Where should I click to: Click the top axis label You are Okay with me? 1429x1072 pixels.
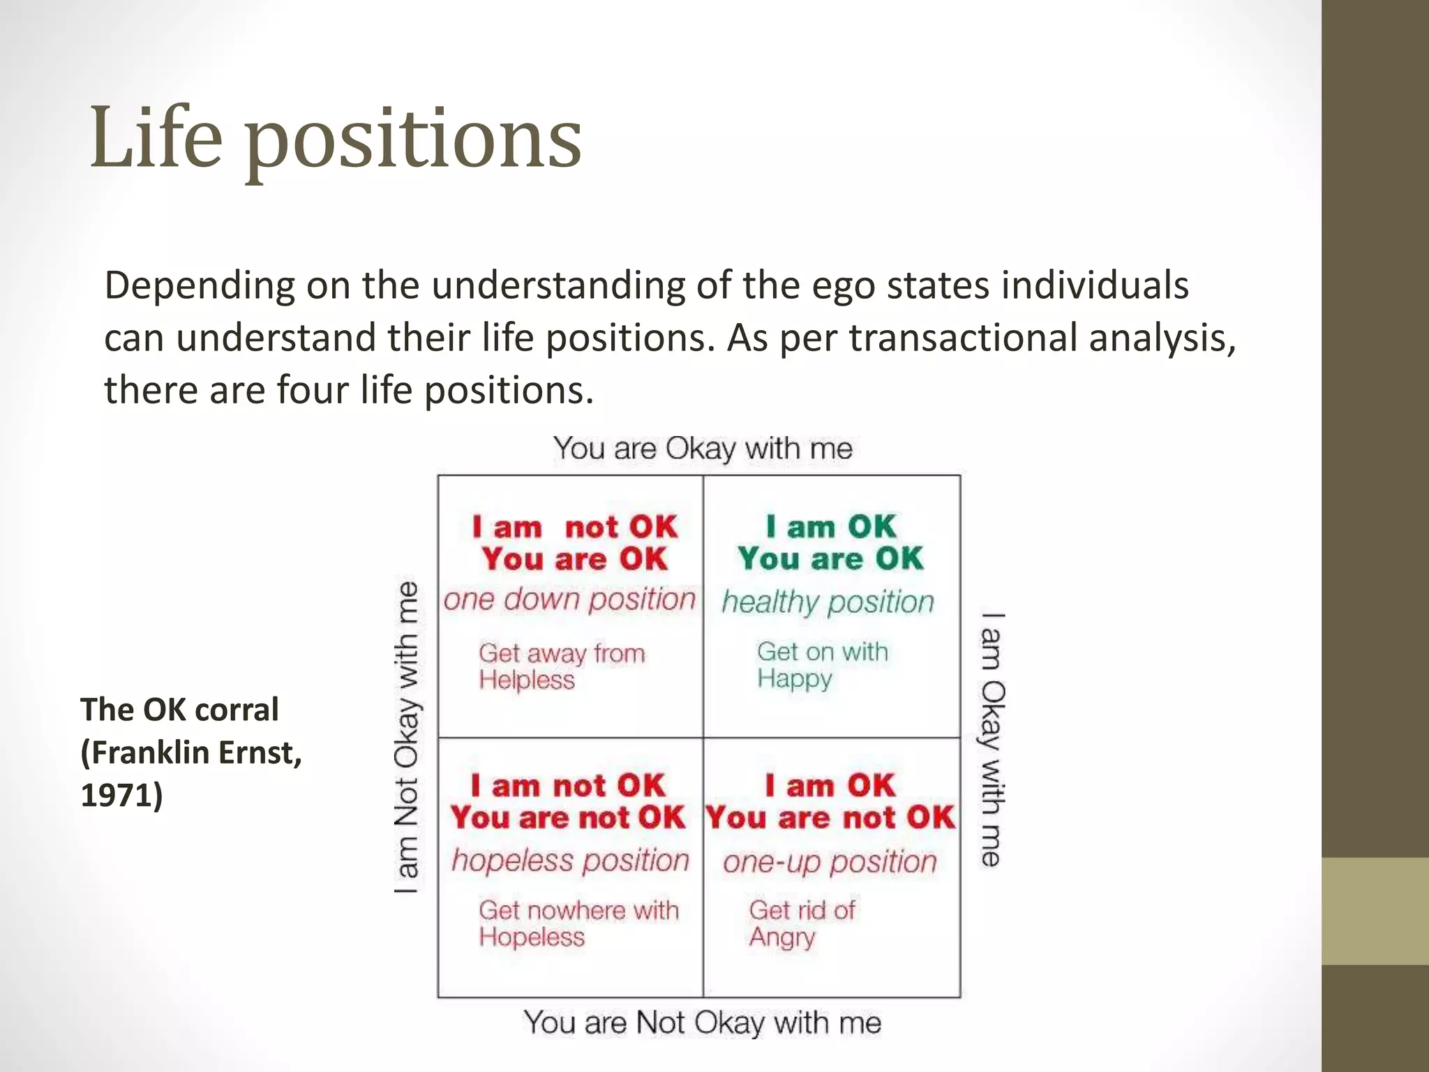pos(703,448)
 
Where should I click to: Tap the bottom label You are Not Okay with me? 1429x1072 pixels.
pos(703,1022)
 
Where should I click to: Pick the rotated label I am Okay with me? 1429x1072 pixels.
pos(992,740)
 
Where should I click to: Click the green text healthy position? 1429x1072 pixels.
pos(828,602)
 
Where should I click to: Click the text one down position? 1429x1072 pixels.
pos(569,600)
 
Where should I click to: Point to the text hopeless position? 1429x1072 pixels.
pos(570,861)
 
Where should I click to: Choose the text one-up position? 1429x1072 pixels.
pos(830,862)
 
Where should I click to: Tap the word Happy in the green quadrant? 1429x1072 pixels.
pos(795,678)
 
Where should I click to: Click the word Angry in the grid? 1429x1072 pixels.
pos(782,937)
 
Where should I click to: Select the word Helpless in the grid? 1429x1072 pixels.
pos(527,680)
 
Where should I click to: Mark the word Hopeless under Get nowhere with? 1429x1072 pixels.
pos(532,937)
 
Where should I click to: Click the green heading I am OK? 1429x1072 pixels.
pos(830,526)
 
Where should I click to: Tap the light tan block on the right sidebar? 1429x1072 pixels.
pos(1375,911)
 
